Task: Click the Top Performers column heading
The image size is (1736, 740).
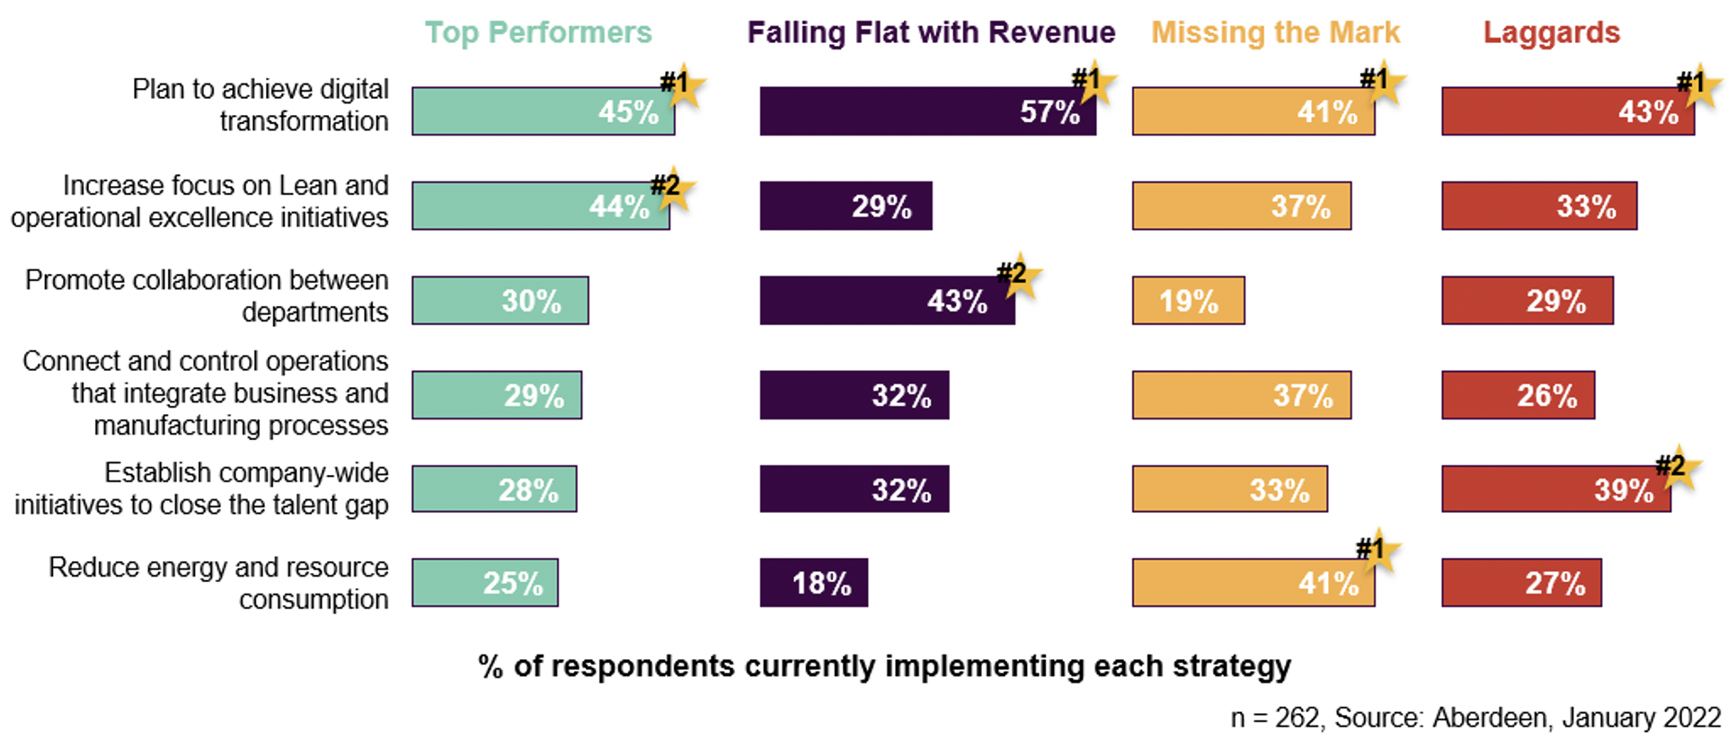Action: (x=538, y=32)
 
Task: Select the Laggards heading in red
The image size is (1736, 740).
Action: (x=1551, y=32)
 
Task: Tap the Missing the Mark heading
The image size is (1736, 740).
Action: (x=1275, y=32)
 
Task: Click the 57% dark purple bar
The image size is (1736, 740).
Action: (x=927, y=111)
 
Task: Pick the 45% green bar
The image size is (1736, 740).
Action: (x=543, y=111)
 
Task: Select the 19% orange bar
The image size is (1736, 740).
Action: (x=1188, y=300)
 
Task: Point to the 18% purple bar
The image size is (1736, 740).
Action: (x=813, y=583)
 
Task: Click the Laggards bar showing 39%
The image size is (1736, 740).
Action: (x=1555, y=489)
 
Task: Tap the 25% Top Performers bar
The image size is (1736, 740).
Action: (x=485, y=583)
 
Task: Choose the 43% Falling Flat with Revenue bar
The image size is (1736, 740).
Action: (x=887, y=300)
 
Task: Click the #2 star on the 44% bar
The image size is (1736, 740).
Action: (x=671, y=189)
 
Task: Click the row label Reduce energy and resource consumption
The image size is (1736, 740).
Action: (x=218, y=583)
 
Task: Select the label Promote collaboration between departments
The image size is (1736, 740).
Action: (x=208, y=295)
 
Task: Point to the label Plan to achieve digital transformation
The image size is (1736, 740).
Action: (x=261, y=105)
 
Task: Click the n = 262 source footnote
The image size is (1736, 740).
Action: (x=1475, y=718)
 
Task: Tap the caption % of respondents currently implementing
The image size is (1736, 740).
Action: (x=884, y=666)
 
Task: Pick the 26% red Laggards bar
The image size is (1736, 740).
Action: (x=1518, y=395)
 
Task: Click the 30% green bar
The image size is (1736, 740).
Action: (x=500, y=300)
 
